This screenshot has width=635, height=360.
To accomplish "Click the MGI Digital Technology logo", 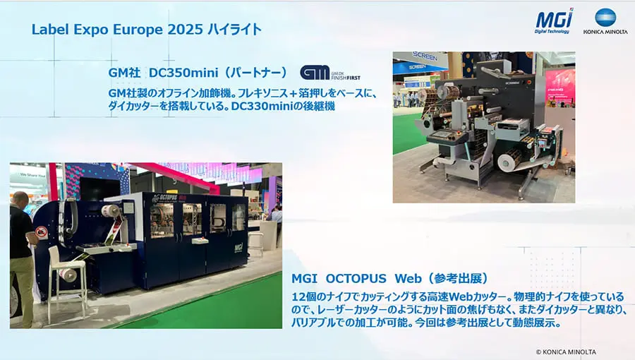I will pos(554,20).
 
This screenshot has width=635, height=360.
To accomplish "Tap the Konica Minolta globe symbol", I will pos(605,18).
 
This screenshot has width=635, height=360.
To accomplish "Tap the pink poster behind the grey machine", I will pos(560,85).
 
